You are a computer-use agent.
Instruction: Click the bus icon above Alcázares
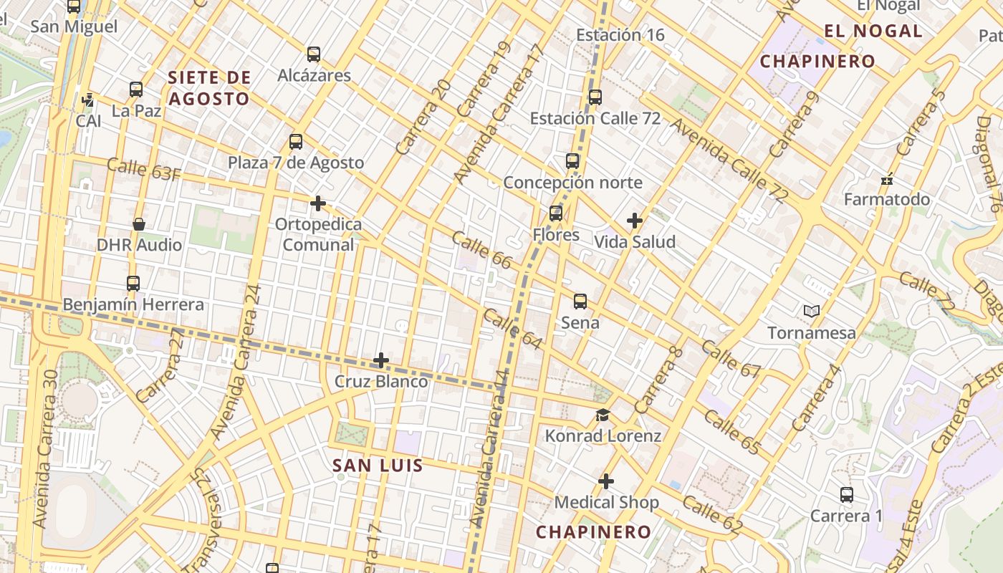point(313,54)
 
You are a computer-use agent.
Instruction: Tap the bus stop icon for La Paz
point(136,90)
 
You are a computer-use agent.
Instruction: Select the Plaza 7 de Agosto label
point(296,163)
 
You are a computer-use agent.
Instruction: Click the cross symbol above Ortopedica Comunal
point(318,203)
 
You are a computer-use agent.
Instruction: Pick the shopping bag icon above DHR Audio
point(139,224)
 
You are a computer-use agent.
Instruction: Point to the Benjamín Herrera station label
point(133,304)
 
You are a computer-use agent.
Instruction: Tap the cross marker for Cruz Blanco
point(381,360)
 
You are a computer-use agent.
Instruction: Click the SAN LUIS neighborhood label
point(378,466)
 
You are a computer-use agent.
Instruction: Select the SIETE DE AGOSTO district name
point(208,88)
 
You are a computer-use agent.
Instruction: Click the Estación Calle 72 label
point(595,118)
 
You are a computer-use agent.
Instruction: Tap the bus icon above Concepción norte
point(572,160)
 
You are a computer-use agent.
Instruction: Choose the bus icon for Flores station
point(556,213)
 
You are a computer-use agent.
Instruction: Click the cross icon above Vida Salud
point(634,221)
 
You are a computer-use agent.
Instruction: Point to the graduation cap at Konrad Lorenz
point(603,415)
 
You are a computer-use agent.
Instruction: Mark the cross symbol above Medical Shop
point(606,481)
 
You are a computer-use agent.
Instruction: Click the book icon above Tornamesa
point(811,312)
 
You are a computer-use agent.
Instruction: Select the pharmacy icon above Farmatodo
point(887,179)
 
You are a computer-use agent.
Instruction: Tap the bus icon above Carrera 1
point(846,494)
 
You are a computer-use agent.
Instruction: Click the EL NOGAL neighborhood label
point(873,31)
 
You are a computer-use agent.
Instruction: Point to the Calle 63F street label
point(143,169)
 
